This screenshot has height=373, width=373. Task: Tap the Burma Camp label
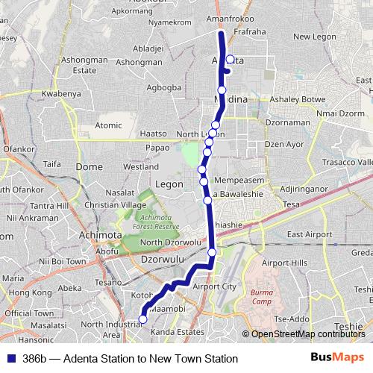tap(263, 297)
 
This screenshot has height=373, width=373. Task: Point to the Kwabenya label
tap(60, 95)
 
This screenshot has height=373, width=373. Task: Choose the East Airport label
tap(309, 234)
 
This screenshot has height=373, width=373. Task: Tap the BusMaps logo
tap(337, 358)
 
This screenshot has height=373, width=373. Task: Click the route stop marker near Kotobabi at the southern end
tap(143, 320)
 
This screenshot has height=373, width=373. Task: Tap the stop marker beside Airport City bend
tap(212, 253)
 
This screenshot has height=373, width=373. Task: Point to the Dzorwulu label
tap(160, 260)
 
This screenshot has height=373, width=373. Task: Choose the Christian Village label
tap(116, 204)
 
